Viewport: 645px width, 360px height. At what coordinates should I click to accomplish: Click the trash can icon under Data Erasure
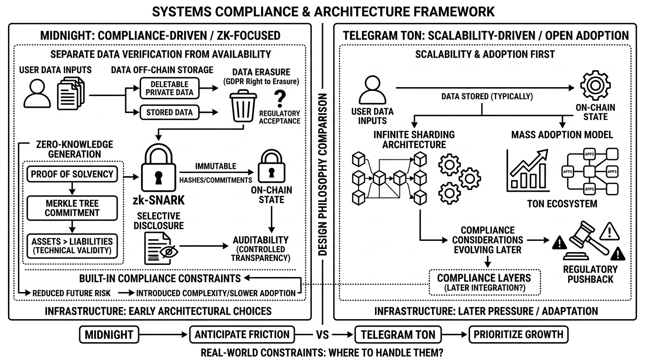click(x=243, y=107)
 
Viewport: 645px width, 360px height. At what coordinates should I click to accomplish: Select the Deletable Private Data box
click(x=169, y=88)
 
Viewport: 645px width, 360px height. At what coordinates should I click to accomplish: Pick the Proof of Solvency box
click(x=72, y=174)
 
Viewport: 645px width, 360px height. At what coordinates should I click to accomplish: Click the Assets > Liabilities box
click(x=72, y=246)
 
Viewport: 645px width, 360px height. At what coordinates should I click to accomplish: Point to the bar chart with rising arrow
click(x=528, y=172)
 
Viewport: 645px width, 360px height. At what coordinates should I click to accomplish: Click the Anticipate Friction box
click(x=242, y=335)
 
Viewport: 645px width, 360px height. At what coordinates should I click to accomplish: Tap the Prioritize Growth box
click(x=518, y=335)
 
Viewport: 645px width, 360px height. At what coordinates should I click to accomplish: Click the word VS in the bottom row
click(x=322, y=335)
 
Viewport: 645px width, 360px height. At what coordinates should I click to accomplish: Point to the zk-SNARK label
click(x=158, y=201)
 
